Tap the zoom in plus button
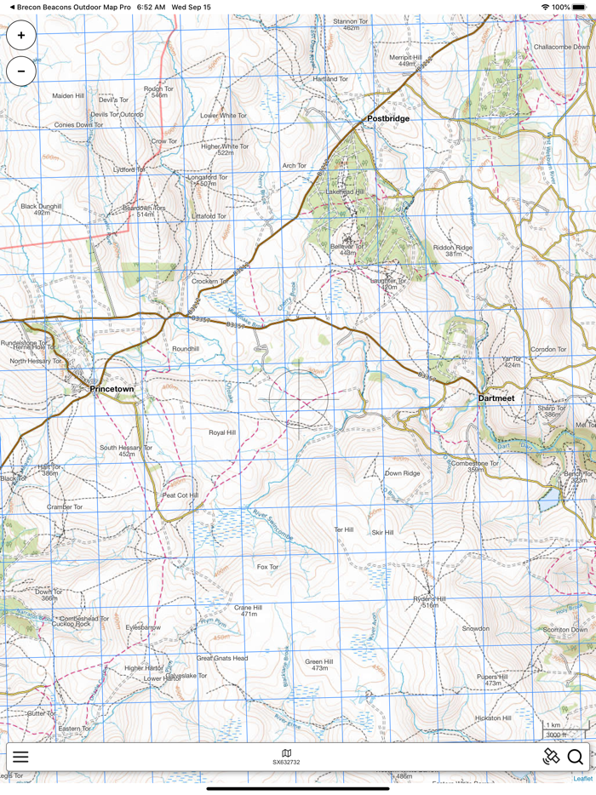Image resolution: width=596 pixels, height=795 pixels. coord(21,36)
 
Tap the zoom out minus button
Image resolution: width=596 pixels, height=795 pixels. coord(21,71)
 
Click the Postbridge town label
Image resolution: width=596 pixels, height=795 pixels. coord(387,118)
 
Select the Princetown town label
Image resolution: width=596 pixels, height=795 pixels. coord(112,389)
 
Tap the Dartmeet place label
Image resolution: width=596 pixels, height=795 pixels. coord(496,397)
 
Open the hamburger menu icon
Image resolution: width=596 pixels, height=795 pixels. coord(20,757)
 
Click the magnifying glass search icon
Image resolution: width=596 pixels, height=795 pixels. coord(576,757)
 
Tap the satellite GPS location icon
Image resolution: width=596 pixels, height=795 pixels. coord(551,757)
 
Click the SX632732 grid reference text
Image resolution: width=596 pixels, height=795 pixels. coord(286,763)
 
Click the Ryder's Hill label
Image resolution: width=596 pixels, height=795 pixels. coord(429,598)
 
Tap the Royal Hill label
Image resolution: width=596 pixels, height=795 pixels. coord(222,432)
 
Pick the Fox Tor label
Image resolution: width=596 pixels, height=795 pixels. coord(267,566)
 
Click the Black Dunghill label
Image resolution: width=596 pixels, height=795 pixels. coord(41,206)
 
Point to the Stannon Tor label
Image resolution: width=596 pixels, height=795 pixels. coord(350,21)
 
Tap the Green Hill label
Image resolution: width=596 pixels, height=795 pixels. coord(318,661)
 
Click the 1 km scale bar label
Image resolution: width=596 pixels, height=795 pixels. coord(554,725)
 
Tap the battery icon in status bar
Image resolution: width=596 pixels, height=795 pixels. coord(583,7)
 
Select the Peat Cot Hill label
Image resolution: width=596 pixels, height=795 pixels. coord(181,495)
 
